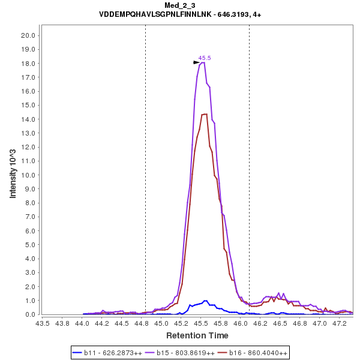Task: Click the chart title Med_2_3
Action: point(179,5)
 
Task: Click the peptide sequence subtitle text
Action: point(179,14)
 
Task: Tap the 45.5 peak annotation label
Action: point(205,58)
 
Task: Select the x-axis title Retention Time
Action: point(197,335)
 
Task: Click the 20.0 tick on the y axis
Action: point(29,35)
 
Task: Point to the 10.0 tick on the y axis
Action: point(29,175)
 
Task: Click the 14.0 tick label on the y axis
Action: point(29,119)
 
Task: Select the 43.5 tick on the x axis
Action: point(43,323)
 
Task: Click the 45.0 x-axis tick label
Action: point(161,323)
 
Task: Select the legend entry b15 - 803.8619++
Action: point(185,353)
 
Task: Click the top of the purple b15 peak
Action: point(203,62)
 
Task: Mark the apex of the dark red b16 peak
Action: point(205,114)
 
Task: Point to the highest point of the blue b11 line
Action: point(205,301)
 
